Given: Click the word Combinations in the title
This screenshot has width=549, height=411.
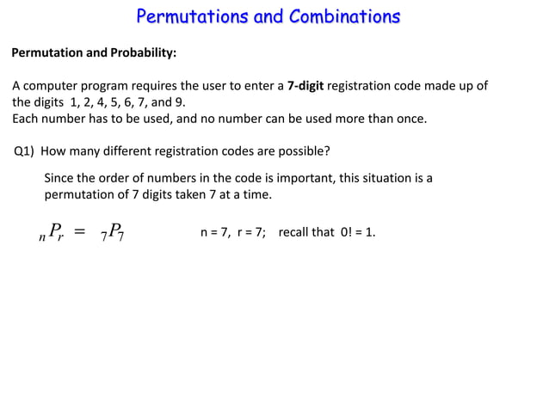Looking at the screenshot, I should [344, 16].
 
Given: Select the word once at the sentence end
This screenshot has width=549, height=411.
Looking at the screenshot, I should [409, 119].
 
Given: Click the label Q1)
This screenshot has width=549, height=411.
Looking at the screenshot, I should [25, 152].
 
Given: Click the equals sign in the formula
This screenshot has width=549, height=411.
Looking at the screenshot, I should [80, 232].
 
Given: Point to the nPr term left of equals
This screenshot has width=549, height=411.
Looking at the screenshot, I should [52, 232].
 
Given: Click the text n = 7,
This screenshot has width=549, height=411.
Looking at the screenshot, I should [215, 232].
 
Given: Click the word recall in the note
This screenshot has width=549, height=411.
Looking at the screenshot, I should [295, 232].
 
